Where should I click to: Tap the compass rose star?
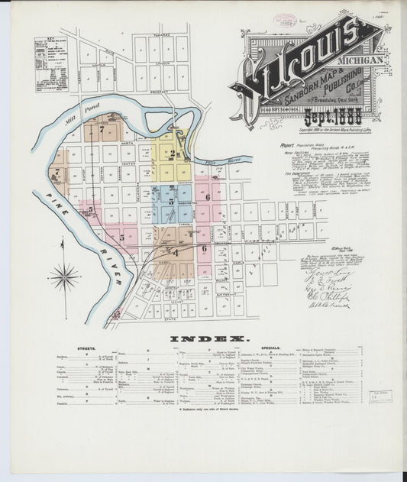tap(63, 277)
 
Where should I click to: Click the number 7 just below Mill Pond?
tap(101, 130)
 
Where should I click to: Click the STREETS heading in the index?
tap(86, 348)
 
